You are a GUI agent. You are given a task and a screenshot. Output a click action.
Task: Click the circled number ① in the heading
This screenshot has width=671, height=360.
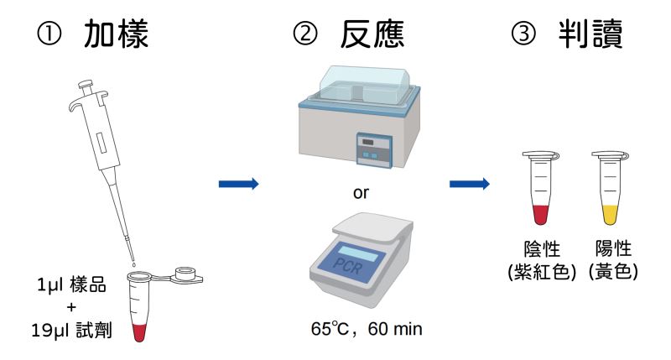[49, 34]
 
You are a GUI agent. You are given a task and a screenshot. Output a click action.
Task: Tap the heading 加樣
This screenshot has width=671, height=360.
[116, 34]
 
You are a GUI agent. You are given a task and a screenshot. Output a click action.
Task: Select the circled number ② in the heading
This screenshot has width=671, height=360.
[305, 34]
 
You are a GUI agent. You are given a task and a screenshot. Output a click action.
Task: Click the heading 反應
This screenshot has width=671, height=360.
[372, 34]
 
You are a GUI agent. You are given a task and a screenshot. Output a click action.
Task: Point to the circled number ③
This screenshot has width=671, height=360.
[523, 34]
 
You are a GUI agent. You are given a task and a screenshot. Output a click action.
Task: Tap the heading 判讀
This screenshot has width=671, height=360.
[590, 34]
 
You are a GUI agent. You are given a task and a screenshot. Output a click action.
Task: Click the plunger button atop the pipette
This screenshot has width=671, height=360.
[86, 85]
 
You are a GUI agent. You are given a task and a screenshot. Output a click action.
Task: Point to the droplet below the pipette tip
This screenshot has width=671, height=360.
[134, 264]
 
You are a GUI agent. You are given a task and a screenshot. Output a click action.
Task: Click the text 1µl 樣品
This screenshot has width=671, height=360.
[71, 285]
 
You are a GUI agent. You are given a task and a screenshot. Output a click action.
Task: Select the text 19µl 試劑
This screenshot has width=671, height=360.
[71, 330]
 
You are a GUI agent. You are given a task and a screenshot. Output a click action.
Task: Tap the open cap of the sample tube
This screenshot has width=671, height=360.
[186, 274]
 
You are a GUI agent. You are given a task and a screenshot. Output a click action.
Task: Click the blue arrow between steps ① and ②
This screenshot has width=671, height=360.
[239, 184]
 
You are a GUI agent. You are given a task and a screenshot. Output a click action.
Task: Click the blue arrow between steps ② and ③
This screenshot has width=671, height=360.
[470, 184]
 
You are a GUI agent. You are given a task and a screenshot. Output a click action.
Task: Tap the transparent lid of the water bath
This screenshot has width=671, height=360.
[366, 84]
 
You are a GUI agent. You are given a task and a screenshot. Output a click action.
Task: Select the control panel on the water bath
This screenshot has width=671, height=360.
[375, 150]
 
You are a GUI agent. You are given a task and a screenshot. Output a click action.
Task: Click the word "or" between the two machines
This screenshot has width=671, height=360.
[361, 193]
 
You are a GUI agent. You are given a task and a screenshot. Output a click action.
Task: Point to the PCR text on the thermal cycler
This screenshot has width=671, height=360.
[347, 266]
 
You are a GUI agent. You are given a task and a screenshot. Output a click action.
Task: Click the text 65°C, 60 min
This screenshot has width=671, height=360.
[367, 329]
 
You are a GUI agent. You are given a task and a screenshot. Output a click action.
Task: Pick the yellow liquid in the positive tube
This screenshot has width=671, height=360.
[611, 215]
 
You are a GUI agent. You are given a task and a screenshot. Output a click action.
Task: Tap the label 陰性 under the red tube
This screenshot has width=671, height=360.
[542, 248]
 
